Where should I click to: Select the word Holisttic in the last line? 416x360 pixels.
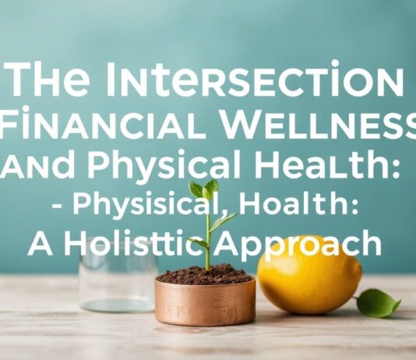(127, 244)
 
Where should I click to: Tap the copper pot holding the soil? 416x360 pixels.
(205, 301)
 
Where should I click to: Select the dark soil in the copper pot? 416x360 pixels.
(205, 275)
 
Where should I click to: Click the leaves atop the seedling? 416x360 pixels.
(204, 188)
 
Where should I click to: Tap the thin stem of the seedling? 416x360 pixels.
(208, 234)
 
